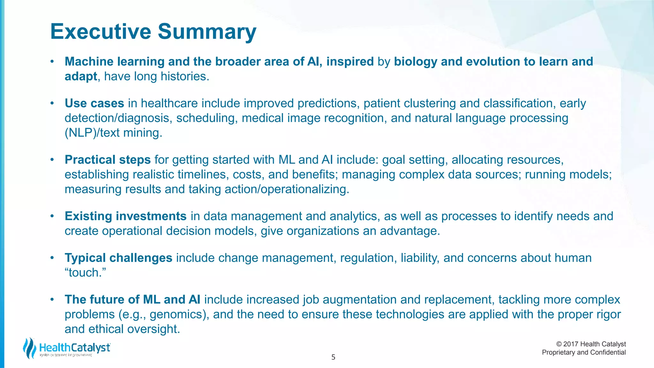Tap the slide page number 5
tap(333, 357)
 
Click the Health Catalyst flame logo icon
tap(29, 348)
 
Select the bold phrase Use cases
tap(94, 103)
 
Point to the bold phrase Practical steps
tap(108, 160)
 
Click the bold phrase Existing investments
tap(125, 216)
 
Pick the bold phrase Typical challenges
tap(118, 258)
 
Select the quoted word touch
tap(85, 273)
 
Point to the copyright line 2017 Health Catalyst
tap(591, 344)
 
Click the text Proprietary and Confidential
tap(584, 352)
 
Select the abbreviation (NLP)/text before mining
tap(92, 133)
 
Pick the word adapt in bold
tap(81, 77)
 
